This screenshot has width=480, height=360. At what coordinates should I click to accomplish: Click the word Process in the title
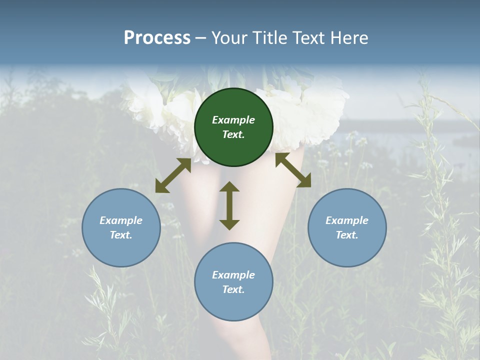(157, 38)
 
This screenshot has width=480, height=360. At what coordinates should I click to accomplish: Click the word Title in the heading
(269, 38)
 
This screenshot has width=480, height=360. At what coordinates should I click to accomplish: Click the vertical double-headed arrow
(229, 205)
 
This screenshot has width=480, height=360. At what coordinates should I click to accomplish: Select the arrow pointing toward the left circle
(173, 175)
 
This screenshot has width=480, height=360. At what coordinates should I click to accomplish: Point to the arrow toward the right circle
(293, 170)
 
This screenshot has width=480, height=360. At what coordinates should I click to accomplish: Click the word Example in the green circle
(233, 120)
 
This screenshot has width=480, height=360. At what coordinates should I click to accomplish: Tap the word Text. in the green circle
(233, 134)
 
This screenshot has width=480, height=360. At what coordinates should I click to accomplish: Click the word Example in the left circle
(121, 220)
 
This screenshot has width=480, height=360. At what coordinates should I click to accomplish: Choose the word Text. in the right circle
(347, 235)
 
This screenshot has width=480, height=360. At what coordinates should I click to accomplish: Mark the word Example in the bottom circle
(233, 275)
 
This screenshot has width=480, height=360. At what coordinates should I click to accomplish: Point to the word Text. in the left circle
(121, 235)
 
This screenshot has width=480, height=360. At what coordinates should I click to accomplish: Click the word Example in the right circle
(347, 220)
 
